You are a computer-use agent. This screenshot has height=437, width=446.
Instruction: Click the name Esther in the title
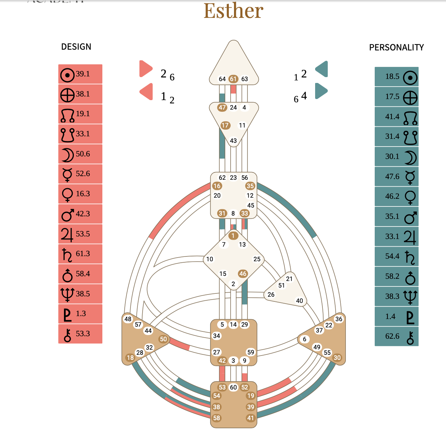click(233, 11)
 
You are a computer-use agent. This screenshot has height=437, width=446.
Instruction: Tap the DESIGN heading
click(76, 47)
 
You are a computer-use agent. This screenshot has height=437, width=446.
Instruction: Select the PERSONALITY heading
click(396, 47)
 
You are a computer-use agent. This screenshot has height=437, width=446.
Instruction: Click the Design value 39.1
click(83, 74)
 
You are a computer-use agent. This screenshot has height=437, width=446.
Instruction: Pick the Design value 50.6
click(83, 154)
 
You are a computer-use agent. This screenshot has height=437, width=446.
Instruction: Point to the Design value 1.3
click(81, 313)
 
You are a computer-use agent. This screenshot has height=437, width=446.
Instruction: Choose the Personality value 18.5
click(392, 76)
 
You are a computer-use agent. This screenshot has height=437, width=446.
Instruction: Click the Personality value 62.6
click(392, 336)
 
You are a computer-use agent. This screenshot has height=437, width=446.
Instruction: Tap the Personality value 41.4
click(392, 117)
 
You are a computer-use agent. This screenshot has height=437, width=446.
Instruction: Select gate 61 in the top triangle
click(233, 79)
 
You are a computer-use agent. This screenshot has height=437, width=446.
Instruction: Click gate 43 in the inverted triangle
click(233, 141)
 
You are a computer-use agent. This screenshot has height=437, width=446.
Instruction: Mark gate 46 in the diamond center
click(243, 273)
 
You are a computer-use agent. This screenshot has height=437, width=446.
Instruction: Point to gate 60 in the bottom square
click(234, 387)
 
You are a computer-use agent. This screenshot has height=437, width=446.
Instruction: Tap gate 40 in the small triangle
click(299, 301)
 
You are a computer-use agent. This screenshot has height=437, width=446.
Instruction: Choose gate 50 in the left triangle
click(163, 339)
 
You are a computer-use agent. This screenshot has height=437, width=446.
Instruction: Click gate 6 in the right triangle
click(305, 339)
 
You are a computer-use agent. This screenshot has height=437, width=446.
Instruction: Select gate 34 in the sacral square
click(217, 336)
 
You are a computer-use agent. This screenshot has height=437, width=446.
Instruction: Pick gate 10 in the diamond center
click(209, 259)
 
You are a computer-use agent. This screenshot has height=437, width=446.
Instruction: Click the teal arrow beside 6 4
click(321, 91)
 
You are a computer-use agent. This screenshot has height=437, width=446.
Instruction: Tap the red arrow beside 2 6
click(145, 69)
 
